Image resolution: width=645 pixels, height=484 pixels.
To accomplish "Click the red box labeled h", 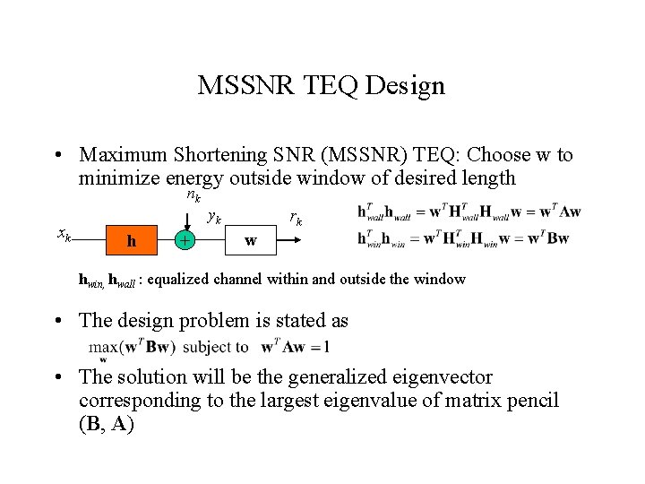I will coord(132,240).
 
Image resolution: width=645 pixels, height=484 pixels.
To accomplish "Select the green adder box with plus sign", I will coord(185,240).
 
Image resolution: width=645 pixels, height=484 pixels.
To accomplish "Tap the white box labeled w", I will coord(250,240).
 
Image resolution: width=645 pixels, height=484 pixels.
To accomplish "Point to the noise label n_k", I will coord(193,196).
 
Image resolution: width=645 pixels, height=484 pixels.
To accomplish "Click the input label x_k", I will coord(64,235).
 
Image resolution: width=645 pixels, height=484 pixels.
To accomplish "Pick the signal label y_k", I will coord(214,216).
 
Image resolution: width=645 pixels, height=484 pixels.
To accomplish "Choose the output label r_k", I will coord(296,217).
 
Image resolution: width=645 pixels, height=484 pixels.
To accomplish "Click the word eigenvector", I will coord(443,377).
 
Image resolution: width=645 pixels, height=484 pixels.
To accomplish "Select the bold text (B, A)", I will coord(107,423).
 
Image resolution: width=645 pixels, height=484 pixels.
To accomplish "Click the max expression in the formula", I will coord(132,347).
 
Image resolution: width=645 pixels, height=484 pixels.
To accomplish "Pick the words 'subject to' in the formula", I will coord(216,347).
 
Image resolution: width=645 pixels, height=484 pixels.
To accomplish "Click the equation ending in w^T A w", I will coord(469,212).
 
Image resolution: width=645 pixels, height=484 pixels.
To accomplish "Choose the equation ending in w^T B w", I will coord(463,238).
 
